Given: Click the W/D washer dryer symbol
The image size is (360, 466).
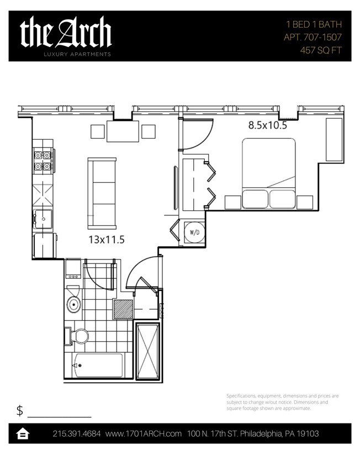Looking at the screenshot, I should (194, 233).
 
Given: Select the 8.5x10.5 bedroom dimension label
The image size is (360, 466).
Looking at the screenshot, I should (267, 125).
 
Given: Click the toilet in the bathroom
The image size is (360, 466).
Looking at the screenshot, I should (80, 336).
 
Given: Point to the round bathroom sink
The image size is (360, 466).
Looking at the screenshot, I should (73, 303).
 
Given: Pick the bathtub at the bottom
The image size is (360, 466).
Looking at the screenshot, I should (98, 366).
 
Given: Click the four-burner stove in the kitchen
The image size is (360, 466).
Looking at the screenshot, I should (43, 160).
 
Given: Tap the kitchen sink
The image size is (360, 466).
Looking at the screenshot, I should (43, 218).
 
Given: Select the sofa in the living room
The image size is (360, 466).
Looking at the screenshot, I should (102, 193).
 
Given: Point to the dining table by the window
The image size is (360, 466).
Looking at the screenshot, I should (123, 131).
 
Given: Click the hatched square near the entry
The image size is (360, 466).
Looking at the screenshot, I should (123, 309).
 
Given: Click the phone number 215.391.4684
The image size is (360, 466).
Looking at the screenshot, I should (76, 434).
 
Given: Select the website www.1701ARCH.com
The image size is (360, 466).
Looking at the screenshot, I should (144, 434).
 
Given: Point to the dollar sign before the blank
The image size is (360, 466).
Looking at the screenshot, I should (20, 410).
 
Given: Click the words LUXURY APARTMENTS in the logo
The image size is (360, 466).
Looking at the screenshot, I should (78, 54).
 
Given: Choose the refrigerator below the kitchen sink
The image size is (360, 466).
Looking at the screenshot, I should (44, 245).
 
